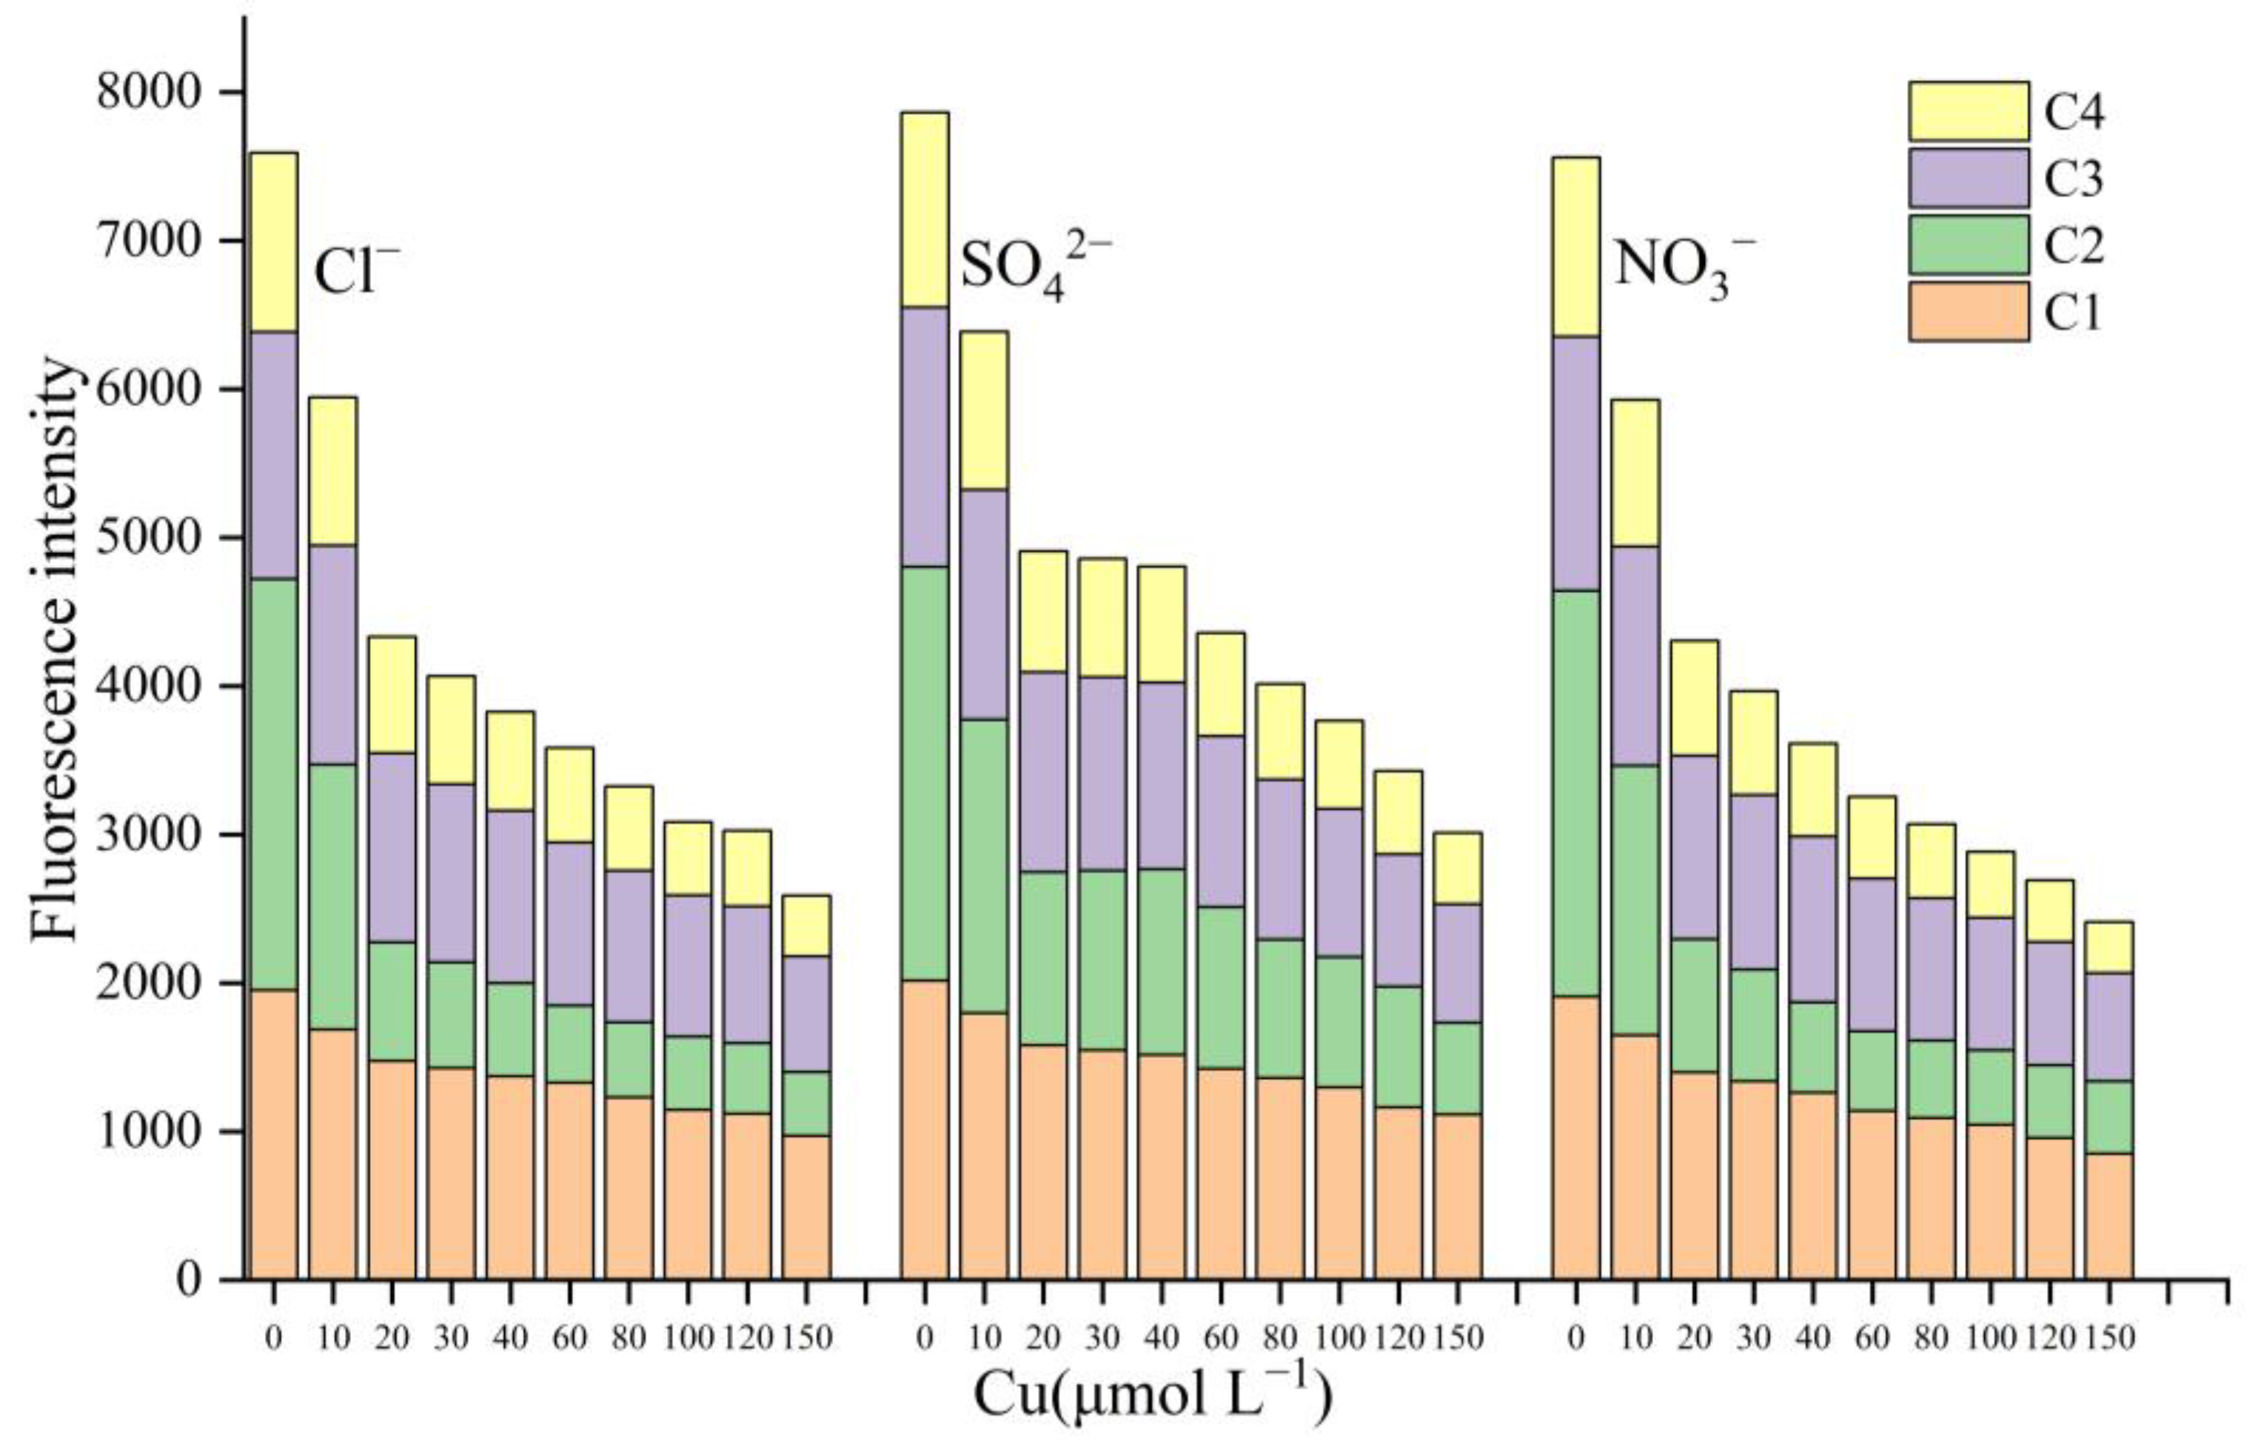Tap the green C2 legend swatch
coord(1968,245)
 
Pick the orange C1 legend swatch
coord(1968,311)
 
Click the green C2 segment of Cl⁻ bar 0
coord(273,784)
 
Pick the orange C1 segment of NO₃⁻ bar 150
coord(2108,1216)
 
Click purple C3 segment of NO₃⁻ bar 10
coord(1635,655)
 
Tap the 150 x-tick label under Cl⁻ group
coord(806,1336)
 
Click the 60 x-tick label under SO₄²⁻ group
coord(1221,1336)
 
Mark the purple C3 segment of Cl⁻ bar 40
coord(510,897)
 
